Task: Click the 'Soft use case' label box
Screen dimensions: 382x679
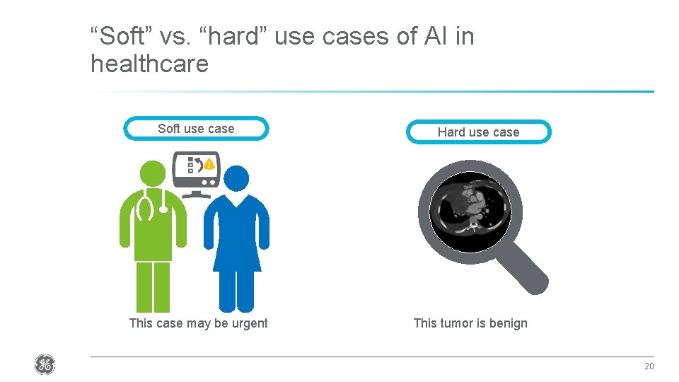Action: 196,129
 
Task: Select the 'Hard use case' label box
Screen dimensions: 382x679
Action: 478,132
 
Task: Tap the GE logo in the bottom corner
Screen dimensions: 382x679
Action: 45,365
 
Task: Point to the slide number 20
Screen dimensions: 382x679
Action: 649,366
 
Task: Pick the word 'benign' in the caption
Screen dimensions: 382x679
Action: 508,323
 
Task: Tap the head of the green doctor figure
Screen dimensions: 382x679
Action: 153,174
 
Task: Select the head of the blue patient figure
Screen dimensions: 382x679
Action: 237,180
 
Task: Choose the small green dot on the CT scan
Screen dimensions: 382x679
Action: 491,225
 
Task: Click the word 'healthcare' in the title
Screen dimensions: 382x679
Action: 150,64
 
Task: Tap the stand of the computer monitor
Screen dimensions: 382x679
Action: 196,193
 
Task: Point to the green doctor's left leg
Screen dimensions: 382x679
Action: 144,286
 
